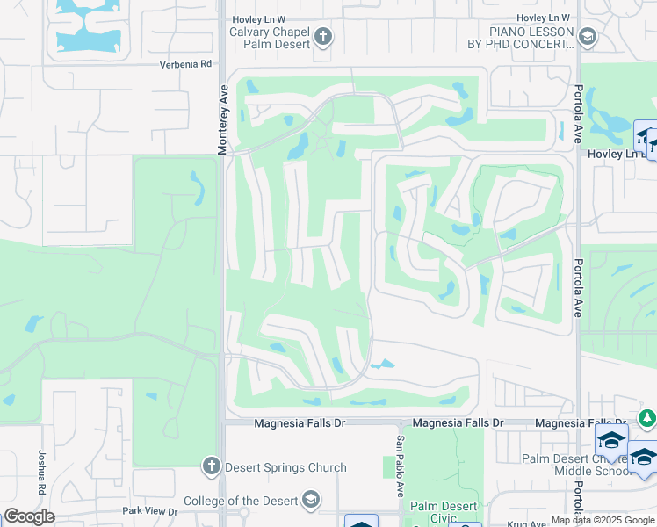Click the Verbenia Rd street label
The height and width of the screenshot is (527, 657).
click(185, 64)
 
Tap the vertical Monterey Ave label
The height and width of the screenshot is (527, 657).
click(223, 121)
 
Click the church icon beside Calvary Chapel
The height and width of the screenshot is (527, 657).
click(323, 37)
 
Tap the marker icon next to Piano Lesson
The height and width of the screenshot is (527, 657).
click(588, 37)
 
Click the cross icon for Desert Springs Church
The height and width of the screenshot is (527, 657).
click(211, 466)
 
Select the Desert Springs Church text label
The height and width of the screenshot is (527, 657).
click(285, 467)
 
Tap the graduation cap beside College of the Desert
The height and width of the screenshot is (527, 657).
click(309, 501)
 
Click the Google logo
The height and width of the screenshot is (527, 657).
click(29, 516)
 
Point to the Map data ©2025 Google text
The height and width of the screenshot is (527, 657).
click(603, 520)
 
